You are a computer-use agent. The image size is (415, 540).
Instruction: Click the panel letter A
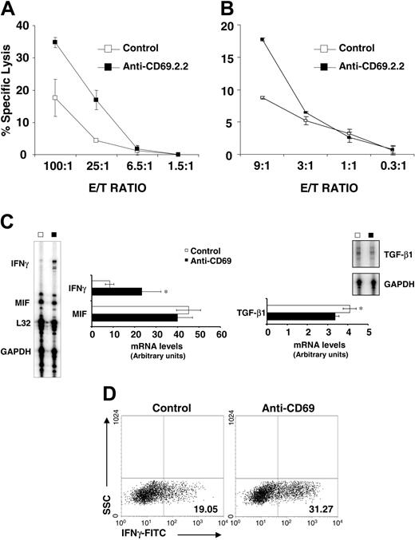tap(10, 10)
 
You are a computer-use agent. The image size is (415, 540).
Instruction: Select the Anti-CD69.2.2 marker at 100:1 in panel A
tap(55, 42)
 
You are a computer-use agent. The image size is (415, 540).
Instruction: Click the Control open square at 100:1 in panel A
tap(55, 97)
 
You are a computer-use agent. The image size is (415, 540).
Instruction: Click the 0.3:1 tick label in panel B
tap(392, 170)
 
